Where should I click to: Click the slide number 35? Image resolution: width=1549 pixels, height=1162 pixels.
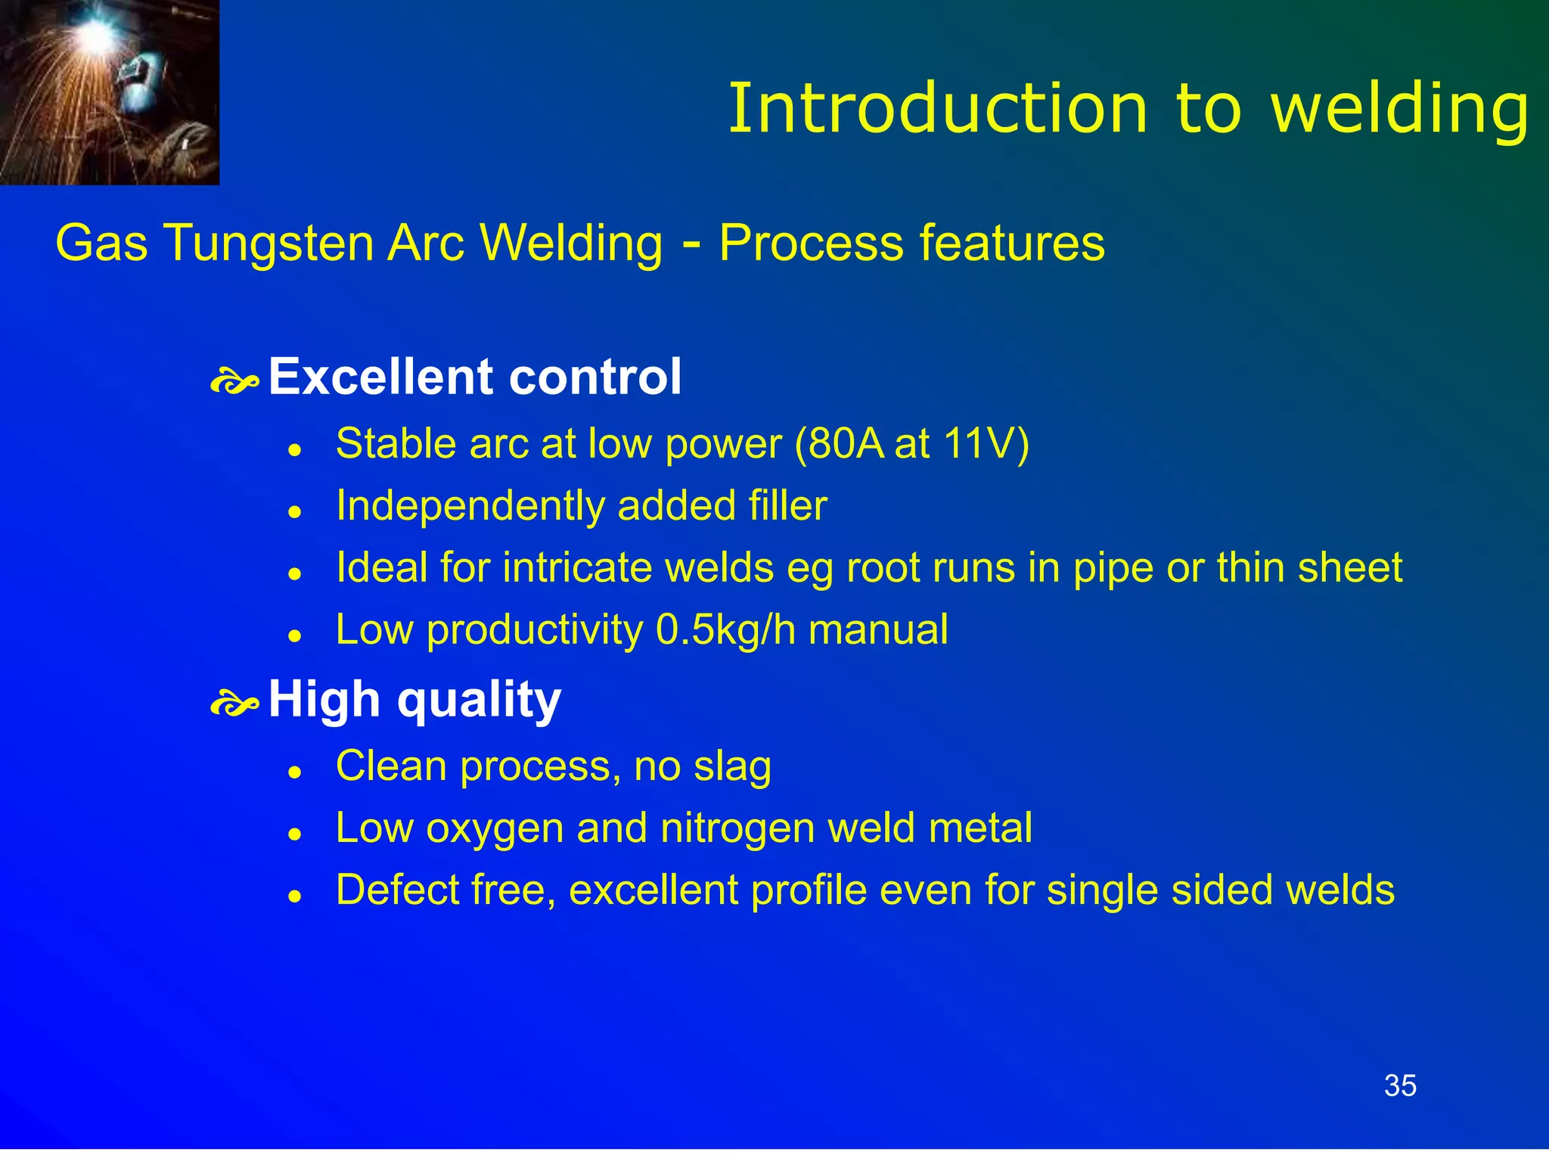click(1400, 1086)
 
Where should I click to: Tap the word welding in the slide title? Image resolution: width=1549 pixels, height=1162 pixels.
click(1400, 110)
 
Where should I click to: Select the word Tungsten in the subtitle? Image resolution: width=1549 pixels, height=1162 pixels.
click(269, 244)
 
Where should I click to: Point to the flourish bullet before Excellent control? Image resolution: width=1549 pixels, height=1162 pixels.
click(234, 382)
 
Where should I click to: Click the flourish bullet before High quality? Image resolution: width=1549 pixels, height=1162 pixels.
click(234, 704)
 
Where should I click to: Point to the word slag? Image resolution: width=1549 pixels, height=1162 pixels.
click(732, 767)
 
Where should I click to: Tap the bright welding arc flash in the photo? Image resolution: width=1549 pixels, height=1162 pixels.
click(97, 32)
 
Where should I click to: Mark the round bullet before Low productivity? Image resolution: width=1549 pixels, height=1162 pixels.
click(295, 635)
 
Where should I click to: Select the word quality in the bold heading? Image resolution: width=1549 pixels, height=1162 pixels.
click(479, 700)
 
